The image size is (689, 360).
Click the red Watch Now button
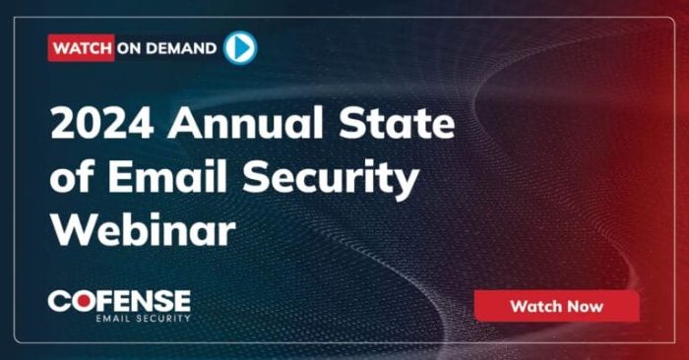point(556,306)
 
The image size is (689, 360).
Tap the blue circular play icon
point(239,47)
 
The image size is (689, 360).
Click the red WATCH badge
point(81,47)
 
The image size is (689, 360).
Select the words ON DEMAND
point(167,47)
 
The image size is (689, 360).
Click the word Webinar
point(144,232)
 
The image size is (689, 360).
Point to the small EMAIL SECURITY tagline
point(143,318)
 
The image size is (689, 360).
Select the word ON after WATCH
point(130,47)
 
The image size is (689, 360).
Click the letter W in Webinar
point(71,232)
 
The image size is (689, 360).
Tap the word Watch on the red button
point(534,306)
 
